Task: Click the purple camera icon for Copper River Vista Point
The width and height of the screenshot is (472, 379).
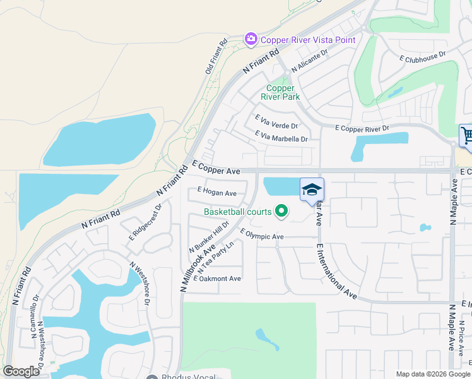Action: click(x=251, y=40)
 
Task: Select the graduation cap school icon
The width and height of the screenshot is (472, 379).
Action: click(x=312, y=189)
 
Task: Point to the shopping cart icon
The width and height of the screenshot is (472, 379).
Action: click(x=467, y=135)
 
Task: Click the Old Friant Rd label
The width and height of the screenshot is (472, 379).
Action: click(x=216, y=58)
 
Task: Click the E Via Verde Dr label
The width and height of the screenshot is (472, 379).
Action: click(x=276, y=122)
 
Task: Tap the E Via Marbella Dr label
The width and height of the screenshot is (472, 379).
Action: click(x=281, y=136)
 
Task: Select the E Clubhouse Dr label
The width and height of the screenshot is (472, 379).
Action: click(x=423, y=56)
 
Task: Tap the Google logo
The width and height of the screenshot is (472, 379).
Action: click(x=21, y=371)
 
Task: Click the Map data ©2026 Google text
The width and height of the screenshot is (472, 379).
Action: click(x=432, y=373)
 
